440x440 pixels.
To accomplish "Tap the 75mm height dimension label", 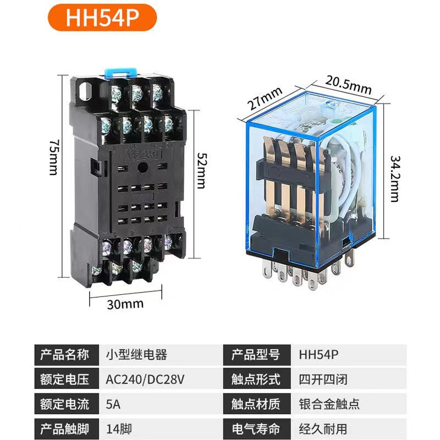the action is (53, 157).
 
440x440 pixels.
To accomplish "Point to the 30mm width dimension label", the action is (125, 304).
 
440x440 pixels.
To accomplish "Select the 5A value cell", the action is (112, 404).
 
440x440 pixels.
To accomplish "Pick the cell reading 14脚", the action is (117, 428).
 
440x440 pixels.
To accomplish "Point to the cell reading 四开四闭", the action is (323, 380).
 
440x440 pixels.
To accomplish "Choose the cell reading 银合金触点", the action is (329, 404).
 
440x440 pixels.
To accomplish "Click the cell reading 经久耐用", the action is (323, 428).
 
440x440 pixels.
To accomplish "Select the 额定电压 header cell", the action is (64, 380).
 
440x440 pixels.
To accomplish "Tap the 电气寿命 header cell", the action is (255, 428).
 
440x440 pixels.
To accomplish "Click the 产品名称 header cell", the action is (64, 355).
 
